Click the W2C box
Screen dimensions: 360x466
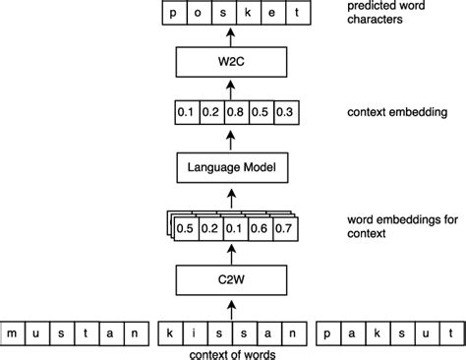[x=230, y=65]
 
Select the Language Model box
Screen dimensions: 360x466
[x=230, y=168]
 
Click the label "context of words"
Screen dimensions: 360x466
[x=230, y=352]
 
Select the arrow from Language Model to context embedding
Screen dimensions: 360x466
[x=230, y=139]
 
